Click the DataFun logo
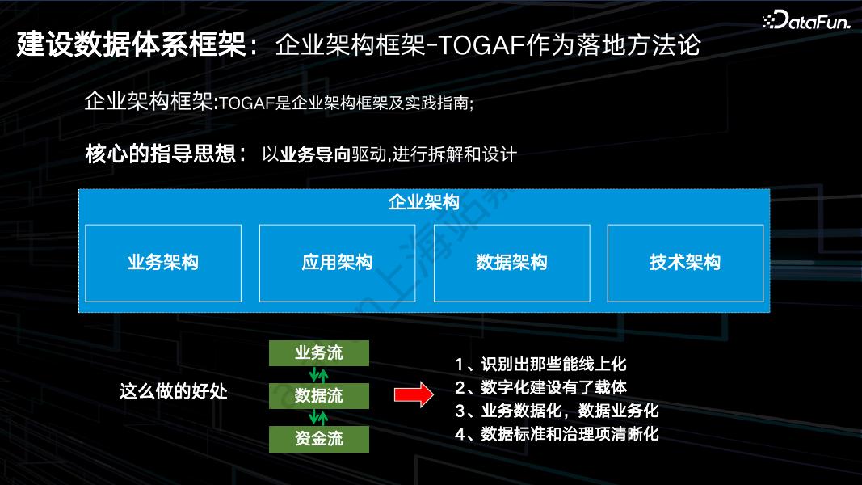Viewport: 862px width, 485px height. [x=805, y=22]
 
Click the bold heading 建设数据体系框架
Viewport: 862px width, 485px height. [x=131, y=45]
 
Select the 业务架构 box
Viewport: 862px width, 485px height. [x=163, y=263]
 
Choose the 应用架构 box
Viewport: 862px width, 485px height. [x=337, y=263]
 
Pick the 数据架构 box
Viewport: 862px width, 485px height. [x=511, y=263]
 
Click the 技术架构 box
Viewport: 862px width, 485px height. [x=685, y=263]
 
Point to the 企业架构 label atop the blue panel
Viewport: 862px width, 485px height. [x=423, y=202]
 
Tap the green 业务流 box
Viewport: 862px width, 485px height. [x=319, y=353]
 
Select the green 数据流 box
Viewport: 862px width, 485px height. [x=319, y=396]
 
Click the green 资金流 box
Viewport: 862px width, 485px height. [x=319, y=439]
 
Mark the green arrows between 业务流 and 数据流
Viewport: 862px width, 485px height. [x=319, y=375]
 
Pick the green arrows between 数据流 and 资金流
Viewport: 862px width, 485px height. [x=319, y=418]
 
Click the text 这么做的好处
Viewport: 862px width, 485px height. [x=174, y=392]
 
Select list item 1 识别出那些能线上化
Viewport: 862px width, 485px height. [x=540, y=365]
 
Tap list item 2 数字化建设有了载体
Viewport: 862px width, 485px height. [x=540, y=387]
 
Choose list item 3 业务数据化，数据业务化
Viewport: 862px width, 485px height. [x=557, y=411]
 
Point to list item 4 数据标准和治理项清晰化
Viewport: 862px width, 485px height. [x=557, y=434]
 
